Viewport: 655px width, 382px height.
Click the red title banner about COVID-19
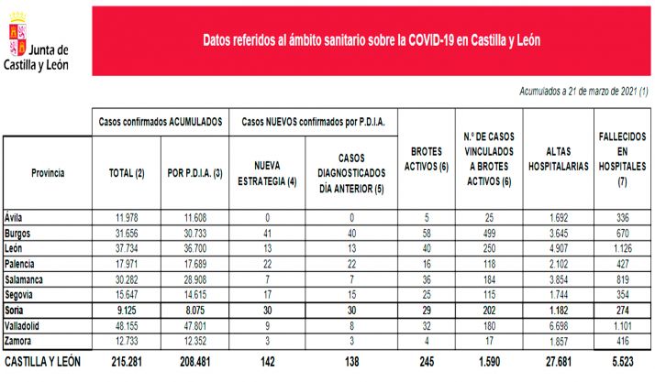371,40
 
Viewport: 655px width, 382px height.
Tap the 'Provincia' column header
48,172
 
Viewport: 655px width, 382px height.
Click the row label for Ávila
16,217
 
